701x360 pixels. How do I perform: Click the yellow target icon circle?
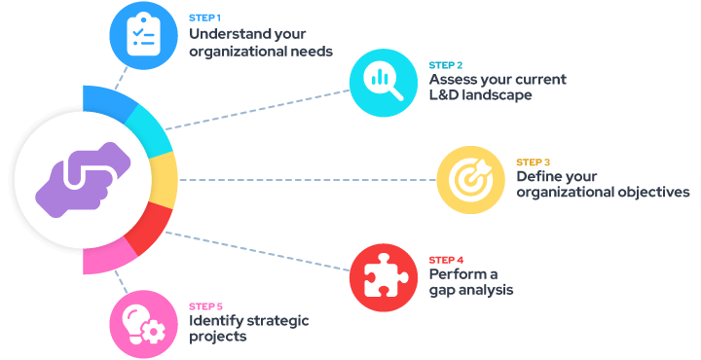click(x=470, y=179)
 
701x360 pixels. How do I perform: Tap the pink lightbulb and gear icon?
click(x=143, y=324)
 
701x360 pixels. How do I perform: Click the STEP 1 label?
click(x=204, y=18)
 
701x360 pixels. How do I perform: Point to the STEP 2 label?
click(x=445, y=65)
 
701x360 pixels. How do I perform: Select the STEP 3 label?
click(x=533, y=162)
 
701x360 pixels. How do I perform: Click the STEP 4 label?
click(x=445, y=260)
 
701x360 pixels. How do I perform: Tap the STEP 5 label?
click(x=204, y=306)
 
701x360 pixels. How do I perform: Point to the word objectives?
click(x=653, y=193)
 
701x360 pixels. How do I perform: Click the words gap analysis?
click(x=471, y=290)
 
